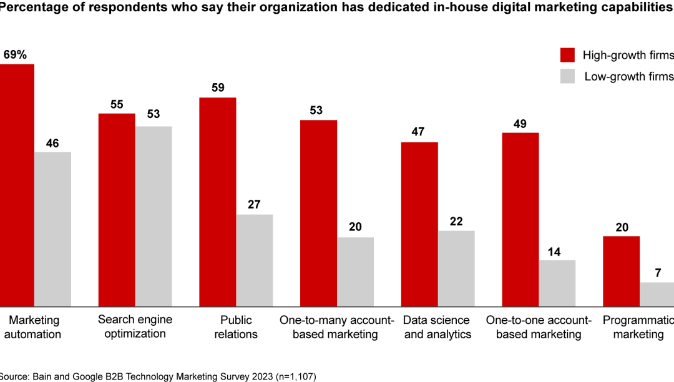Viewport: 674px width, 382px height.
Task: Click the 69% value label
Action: coord(15,55)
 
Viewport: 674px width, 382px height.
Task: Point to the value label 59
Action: coord(218,88)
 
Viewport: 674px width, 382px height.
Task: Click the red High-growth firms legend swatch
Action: coord(567,55)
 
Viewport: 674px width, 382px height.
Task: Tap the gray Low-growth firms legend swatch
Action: coord(567,77)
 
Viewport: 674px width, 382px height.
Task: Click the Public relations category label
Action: coord(236,327)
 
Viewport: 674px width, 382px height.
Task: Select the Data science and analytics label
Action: coord(437,327)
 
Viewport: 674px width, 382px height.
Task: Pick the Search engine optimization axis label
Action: coord(135,326)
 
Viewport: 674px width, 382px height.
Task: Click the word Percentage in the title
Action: coord(34,8)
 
